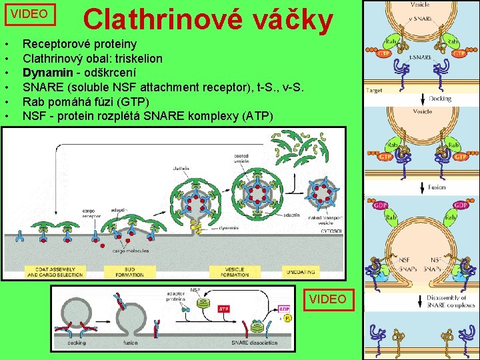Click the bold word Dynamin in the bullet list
click(45, 72)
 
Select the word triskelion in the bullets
click(139, 58)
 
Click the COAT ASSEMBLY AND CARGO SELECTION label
click(55, 272)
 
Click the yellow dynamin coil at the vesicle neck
click(197, 229)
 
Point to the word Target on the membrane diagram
click(374, 89)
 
